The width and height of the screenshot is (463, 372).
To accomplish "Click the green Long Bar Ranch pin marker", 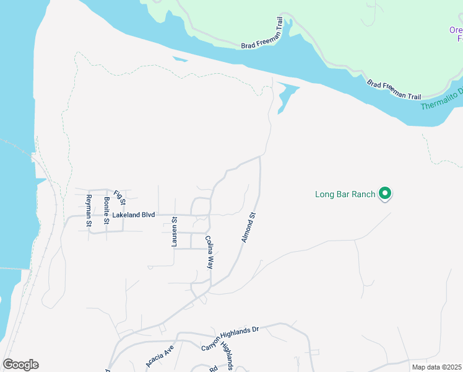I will pos(385,195).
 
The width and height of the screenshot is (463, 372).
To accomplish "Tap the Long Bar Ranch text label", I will pos(345,195).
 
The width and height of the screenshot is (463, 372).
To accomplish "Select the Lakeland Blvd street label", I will pos(133,215).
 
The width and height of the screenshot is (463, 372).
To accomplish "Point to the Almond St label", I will pos(248,228).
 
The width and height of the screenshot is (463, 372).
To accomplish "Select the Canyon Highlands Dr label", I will pos(229,339).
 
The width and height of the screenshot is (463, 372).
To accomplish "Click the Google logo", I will pos(20,365).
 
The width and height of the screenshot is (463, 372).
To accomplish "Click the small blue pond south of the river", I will pos(285,96).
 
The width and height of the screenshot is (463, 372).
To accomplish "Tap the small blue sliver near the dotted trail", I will pos(180,60).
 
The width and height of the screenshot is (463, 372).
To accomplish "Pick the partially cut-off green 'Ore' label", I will pos(456,34).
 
